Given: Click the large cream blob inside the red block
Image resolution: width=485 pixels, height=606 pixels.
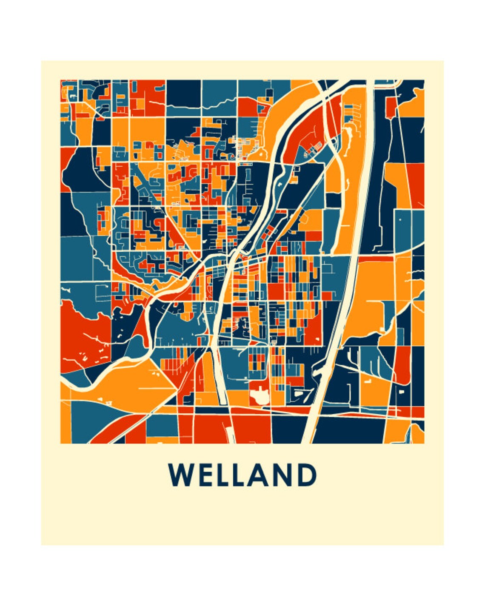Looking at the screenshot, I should (259, 397).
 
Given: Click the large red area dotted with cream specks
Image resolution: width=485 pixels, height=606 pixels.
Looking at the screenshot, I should (85, 336).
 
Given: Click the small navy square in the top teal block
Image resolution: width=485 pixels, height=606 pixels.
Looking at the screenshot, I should (269, 93).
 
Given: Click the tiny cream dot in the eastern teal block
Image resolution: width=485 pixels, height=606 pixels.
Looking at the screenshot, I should (400, 219).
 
